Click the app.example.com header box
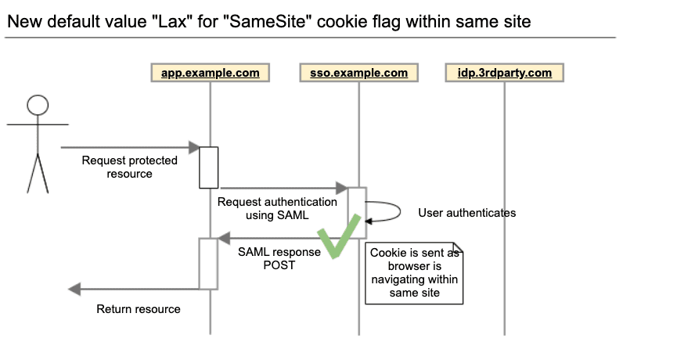pyautogui.click(x=211, y=73)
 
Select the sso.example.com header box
pyautogui.click(x=358, y=73)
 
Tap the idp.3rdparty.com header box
pyautogui.click(x=505, y=73)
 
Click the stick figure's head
pyautogui.click(x=38, y=106)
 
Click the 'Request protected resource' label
pyautogui.click(x=129, y=167)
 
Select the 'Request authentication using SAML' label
pyautogui.click(x=277, y=208)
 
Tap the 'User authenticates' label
pyautogui.click(x=466, y=213)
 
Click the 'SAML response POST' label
pyautogui.click(x=279, y=258)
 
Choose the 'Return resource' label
pyautogui.click(x=139, y=309)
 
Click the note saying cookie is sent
pyautogui.click(x=414, y=273)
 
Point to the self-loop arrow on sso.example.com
pyautogui.click(x=400, y=211)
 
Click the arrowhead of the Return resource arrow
pyautogui.click(x=74, y=290)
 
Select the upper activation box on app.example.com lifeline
pyautogui.click(x=208, y=167)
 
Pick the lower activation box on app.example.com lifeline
pyautogui.click(x=208, y=264)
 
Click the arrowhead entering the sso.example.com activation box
pyautogui.click(x=341, y=188)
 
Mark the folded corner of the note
pyautogui.click(x=458, y=247)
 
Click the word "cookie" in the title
pyautogui.click(x=341, y=21)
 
